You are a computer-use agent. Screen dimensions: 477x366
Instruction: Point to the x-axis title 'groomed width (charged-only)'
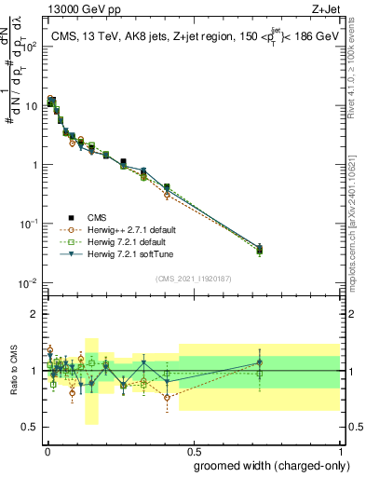[x=266, y=465]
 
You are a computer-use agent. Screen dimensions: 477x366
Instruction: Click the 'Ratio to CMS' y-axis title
[x=16, y=371]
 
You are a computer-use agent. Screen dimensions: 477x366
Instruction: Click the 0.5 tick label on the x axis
[x=193, y=450]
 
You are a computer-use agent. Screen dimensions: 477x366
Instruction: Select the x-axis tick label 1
[x=340, y=450]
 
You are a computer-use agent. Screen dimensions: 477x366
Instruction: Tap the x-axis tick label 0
[x=47, y=450]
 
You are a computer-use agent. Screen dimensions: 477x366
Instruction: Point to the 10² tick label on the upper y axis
[x=29, y=47]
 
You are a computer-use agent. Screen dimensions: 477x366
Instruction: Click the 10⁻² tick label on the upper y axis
[x=29, y=282]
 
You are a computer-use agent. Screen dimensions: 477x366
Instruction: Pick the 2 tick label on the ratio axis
[x=35, y=313]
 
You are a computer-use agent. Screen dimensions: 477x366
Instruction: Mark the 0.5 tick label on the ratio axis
[x=31, y=429]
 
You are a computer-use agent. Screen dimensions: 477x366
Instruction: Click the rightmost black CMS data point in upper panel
[x=259, y=249]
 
